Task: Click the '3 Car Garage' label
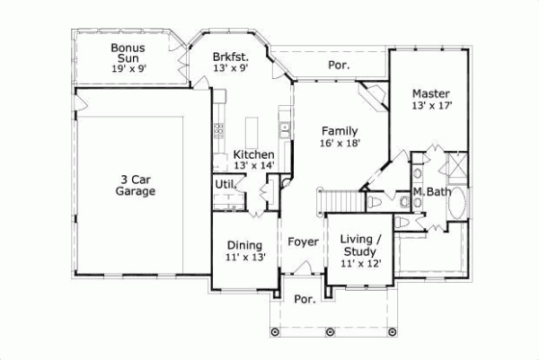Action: tap(136, 185)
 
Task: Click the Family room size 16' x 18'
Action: tap(340, 142)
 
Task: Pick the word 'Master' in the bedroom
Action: tap(431, 92)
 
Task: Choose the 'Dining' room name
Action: tap(244, 244)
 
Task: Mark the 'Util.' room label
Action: tap(225, 184)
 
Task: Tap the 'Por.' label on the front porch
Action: tap(305, 300)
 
